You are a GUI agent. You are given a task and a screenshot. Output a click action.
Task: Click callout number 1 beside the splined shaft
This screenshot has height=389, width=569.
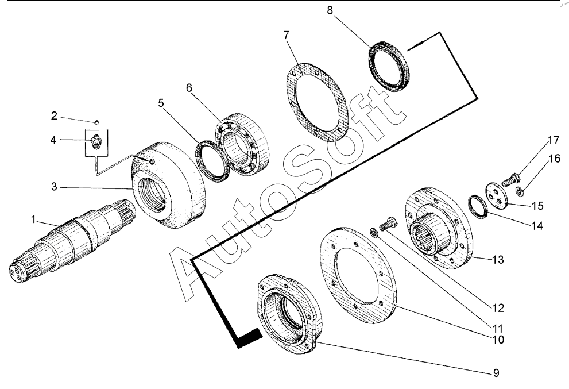click(x=33, y=219)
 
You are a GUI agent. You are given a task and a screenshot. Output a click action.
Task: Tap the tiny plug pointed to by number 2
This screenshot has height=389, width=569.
click(x=96, y=122)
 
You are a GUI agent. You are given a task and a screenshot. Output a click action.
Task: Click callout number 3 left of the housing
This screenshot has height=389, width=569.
click(x=54, y=187)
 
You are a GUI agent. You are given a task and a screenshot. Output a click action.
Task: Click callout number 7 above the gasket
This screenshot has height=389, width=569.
click(x=287, y=35)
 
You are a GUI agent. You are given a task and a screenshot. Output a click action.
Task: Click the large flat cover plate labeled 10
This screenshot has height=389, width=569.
click(x=358, y=276)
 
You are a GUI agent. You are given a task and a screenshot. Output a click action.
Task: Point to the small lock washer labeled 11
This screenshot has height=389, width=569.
click(x=374, y=232)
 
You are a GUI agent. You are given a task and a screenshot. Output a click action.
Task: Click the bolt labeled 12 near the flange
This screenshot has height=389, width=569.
click(x=388, y=223)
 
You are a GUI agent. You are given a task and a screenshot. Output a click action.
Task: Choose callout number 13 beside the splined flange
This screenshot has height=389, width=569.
click(x=498, y=259)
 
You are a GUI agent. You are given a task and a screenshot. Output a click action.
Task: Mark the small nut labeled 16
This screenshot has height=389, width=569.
click(x=519, y=191)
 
